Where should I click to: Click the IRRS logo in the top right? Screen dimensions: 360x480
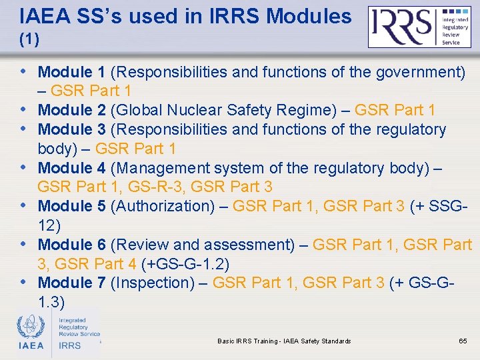point(420,27)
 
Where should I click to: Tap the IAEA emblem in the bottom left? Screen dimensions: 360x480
point(31,331)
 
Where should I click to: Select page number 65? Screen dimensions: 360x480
point(463,341)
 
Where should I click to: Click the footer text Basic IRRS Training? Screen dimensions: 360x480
point(284,341)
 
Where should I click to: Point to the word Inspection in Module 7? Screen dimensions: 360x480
point(153,283)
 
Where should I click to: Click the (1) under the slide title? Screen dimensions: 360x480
point(29,40)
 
